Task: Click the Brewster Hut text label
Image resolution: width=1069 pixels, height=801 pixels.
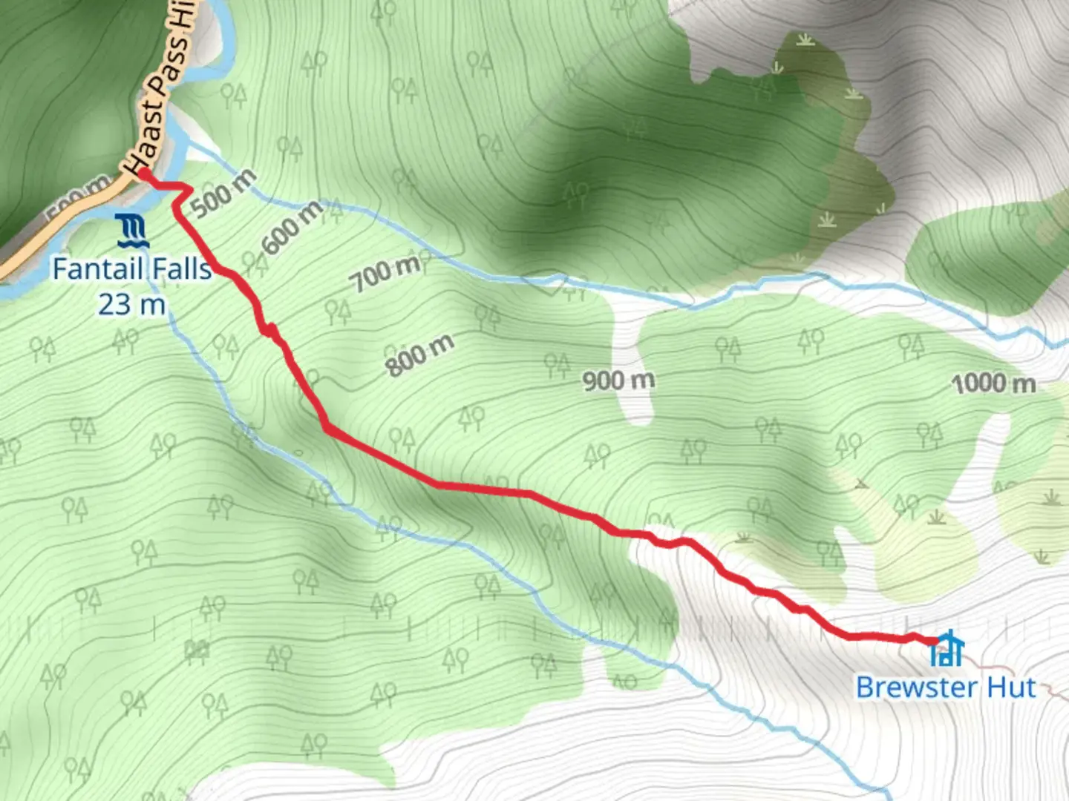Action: (945, 688)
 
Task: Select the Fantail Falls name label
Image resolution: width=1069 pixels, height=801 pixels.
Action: (132, 268)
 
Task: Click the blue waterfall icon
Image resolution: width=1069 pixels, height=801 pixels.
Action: (132, 231)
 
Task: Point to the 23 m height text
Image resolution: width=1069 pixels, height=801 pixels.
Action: (131, 304)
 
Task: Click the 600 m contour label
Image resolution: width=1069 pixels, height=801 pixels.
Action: (292, 227)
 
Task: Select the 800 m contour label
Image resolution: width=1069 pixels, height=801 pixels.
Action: (419, 355)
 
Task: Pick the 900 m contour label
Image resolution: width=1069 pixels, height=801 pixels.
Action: (618, 380)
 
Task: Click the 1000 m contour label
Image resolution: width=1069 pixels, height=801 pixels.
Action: (993, 383)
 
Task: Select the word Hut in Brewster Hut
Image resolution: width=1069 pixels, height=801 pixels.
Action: (1010, 688)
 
